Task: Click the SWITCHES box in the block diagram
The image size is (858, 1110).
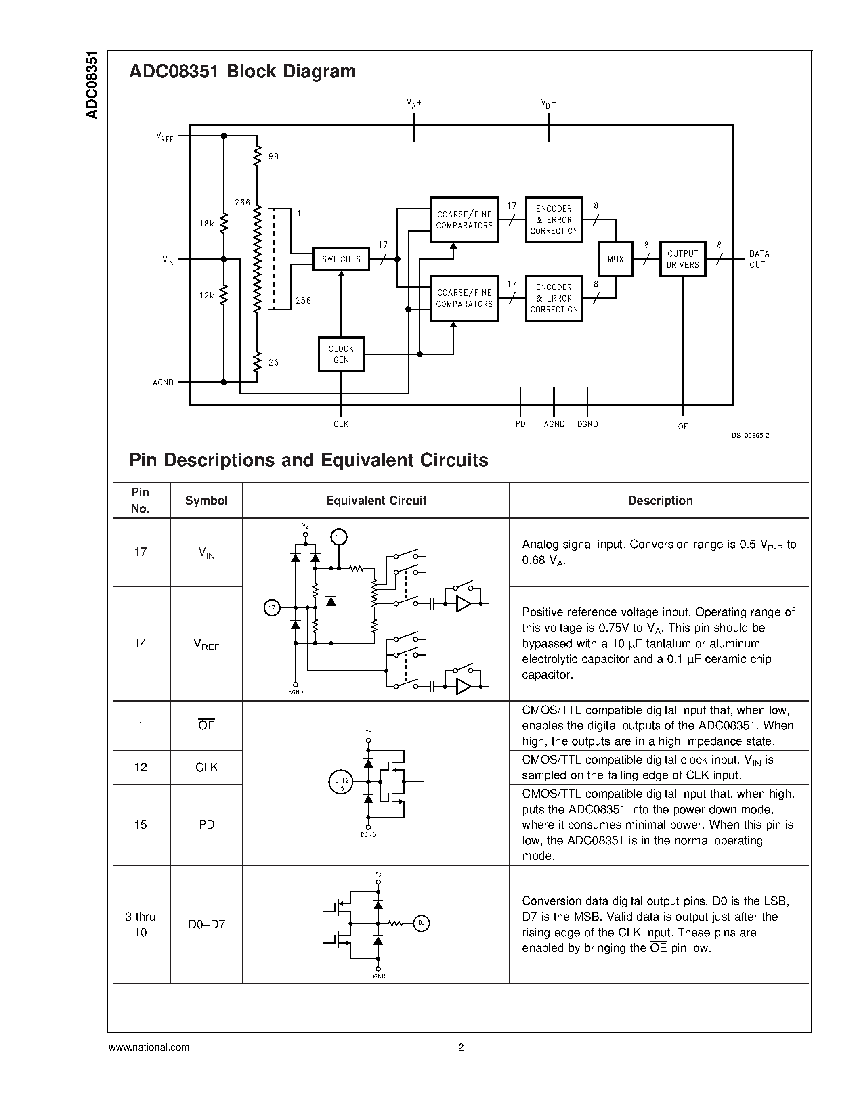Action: coord(340,259)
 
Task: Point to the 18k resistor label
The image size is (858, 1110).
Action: coord(206,224)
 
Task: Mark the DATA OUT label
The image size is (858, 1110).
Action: coord(759,259)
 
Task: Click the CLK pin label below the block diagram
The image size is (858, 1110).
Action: coord(340,424)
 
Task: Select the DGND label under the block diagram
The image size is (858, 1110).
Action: coord(587,424)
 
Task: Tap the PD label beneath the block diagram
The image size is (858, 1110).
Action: coord(520,424)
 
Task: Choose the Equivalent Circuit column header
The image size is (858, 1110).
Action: coord(376,501)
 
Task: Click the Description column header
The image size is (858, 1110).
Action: coord(660,501)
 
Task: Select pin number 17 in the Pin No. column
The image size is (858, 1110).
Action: coord(140,551)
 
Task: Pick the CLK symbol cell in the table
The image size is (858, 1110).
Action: coord(206,767)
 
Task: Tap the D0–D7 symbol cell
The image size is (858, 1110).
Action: coord(206,924)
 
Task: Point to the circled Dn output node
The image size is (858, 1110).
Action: coord(421,923)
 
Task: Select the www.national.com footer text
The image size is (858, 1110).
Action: coord(149,1047)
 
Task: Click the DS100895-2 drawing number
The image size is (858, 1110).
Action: coord(750,435)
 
